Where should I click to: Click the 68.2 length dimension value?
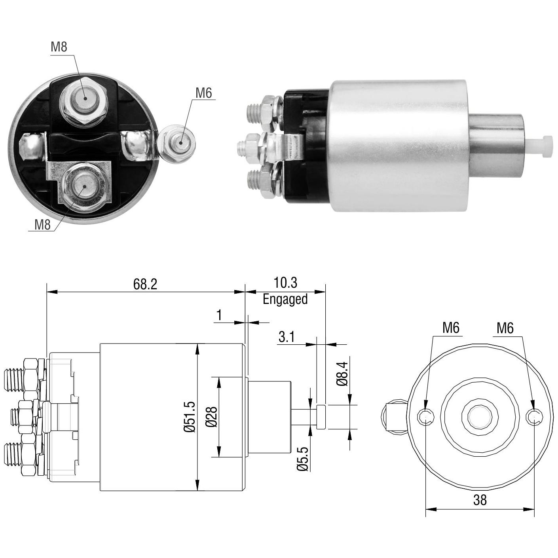coord(145,284)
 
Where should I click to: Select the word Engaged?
coord(285,299)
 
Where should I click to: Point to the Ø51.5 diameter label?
coord(190,417)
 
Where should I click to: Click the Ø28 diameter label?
coord(211,417)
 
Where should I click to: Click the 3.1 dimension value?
coord(287,337)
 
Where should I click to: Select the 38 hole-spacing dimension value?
coord(480,500)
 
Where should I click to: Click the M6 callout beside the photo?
coord(203,93)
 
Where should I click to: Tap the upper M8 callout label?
coord(59,47)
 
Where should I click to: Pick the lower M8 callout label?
coord(42,224)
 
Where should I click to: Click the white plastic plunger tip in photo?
coord(541,146)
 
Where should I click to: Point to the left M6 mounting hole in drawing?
coord(426,417)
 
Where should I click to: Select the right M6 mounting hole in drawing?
coord(534,417)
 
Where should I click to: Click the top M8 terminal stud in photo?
coord(84,99)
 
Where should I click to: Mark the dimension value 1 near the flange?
coord(219,315)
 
